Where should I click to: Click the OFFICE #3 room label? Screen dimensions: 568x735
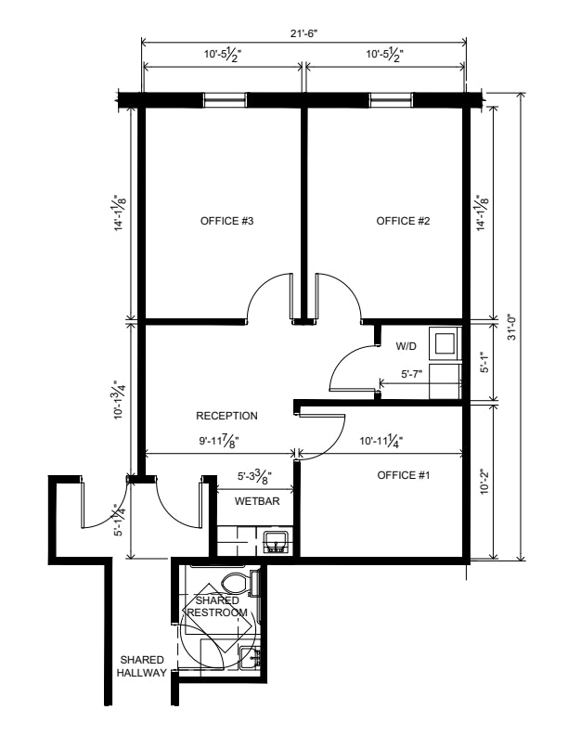[226, 221]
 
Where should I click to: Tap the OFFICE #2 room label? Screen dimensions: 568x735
[403, 221]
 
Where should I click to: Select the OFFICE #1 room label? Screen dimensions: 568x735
[404, 475]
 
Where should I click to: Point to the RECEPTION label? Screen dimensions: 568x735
[226, 416]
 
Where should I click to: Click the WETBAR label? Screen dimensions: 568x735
[257, 501]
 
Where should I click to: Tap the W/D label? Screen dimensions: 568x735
[407, 346]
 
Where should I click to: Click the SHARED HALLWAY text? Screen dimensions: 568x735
[142, 666]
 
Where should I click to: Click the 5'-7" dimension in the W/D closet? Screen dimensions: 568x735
[412, 374]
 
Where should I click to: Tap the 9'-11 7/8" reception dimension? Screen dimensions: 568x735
[220, 441]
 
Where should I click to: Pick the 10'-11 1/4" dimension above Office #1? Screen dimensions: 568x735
[381, 441]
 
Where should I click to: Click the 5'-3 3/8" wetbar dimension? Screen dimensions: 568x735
[255, 477]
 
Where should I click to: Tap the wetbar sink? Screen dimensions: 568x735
[277, 542]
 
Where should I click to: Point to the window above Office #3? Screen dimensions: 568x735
[225, 100]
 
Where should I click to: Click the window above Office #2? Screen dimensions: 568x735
[392, 100]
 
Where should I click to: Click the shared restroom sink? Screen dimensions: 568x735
[250, 657]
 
